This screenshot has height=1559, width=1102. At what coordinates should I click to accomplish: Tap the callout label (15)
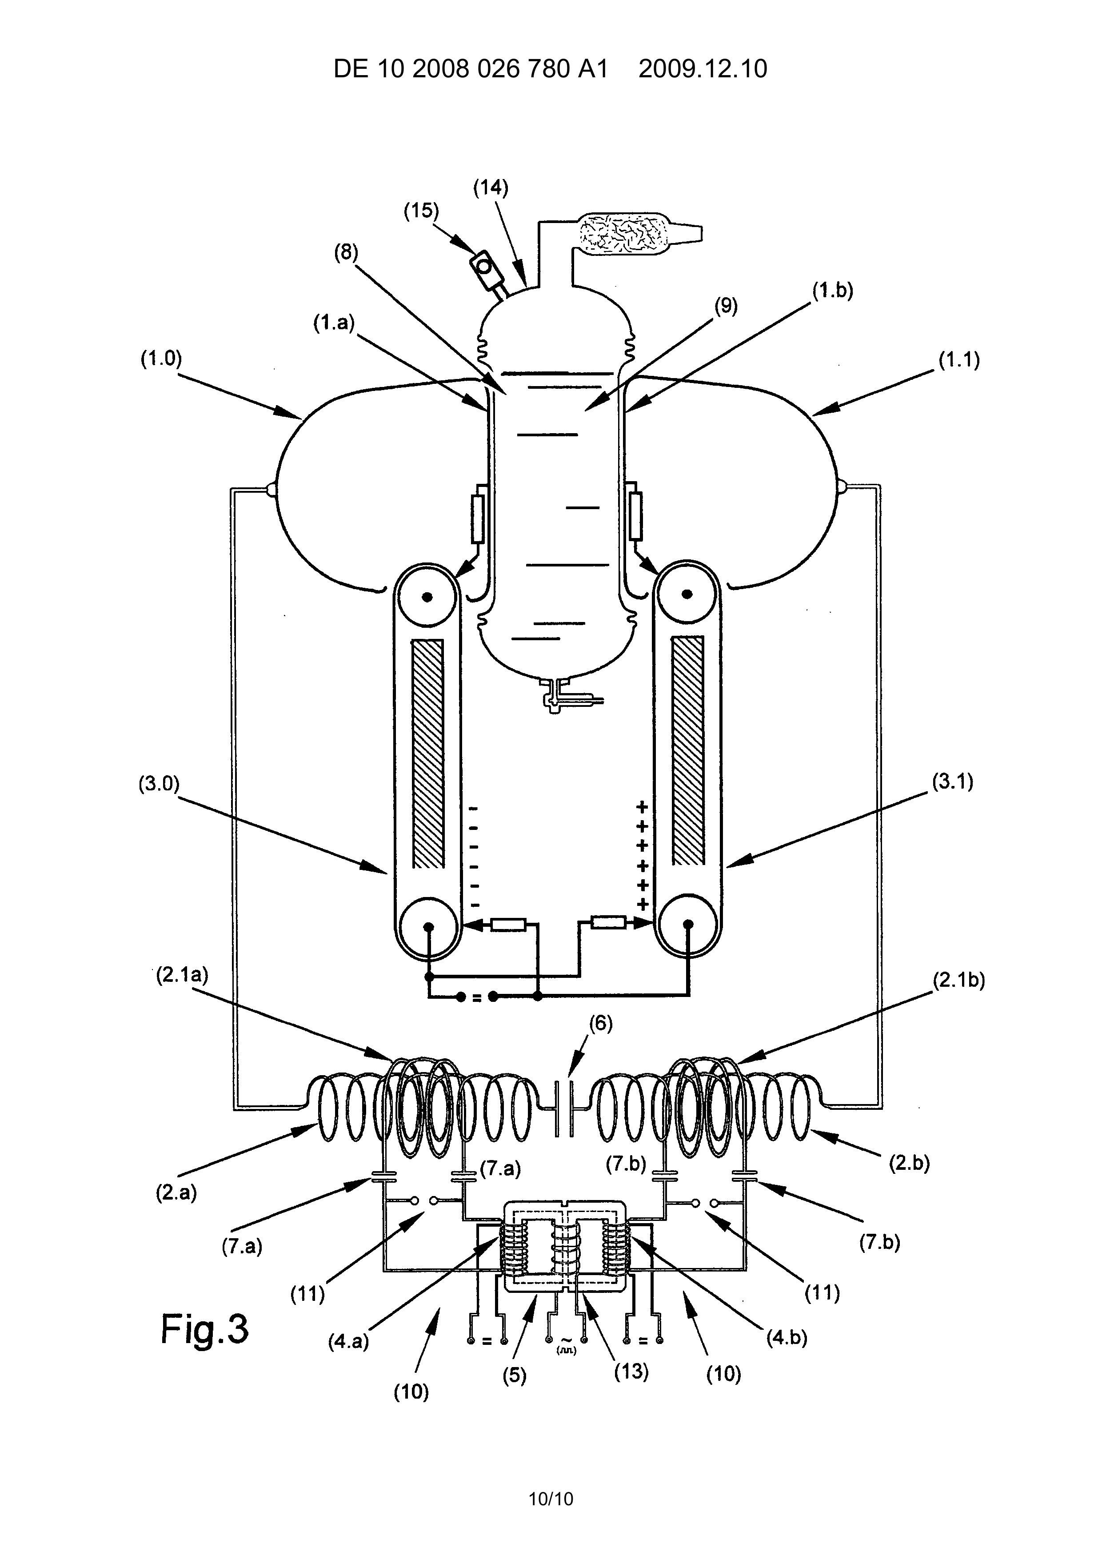point(422,211)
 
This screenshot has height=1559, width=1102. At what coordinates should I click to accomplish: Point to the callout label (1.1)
point(959,361)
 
